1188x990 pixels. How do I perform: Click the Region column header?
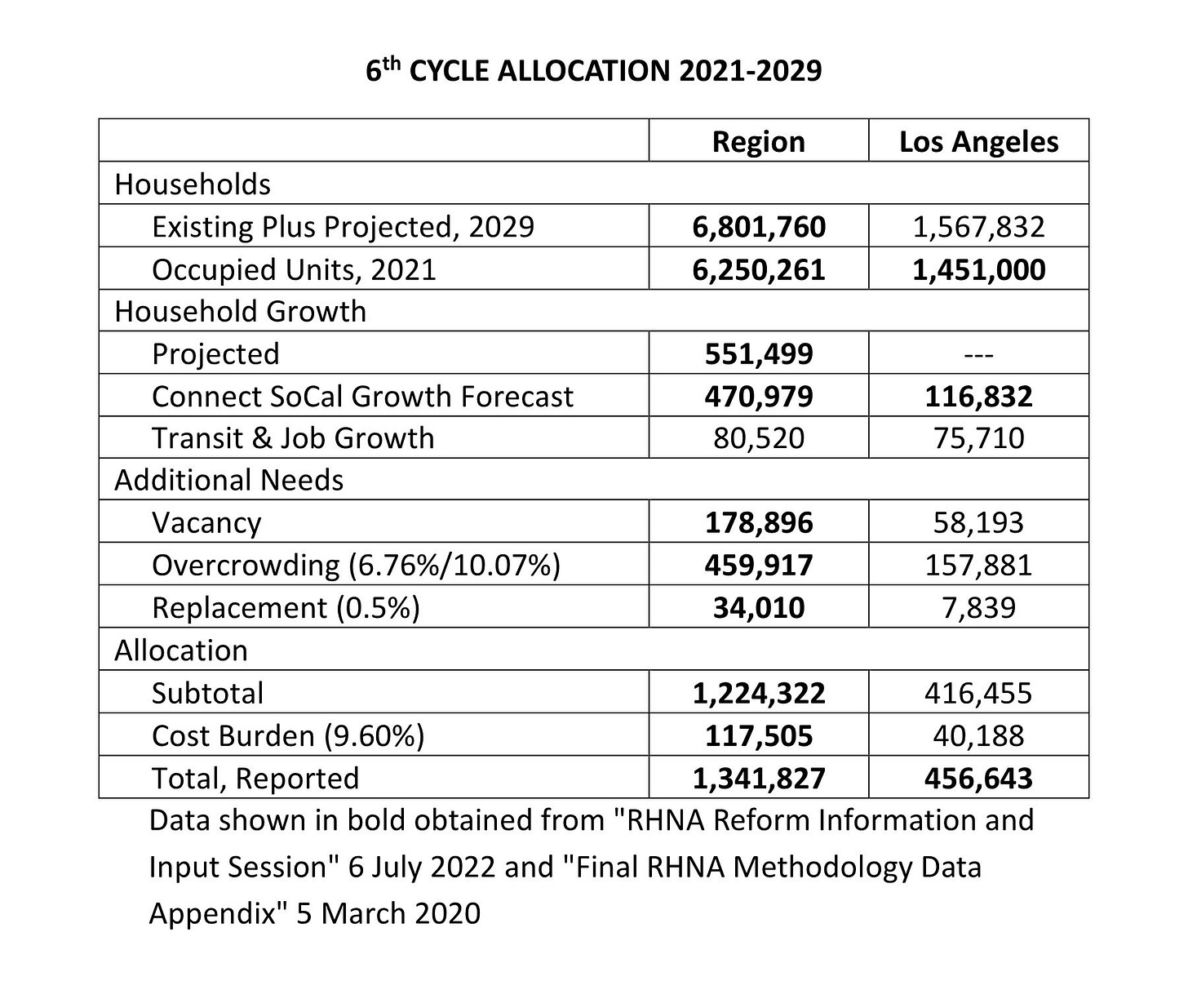(x=758, y=141)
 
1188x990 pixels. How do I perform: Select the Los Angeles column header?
(x=978, y=141)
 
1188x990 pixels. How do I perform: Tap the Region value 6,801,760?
(x=758, y=226)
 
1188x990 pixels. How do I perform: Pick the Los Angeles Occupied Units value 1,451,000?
(x=978, y=269)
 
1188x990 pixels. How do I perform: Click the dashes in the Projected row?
(x=978, y=354)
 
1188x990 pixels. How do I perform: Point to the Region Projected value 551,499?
(x=758, y=353)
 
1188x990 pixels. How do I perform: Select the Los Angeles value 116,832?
(x=978, y=396)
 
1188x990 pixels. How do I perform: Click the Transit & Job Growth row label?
(x=293, y=438)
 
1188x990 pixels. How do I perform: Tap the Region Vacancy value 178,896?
(x=758, y=522)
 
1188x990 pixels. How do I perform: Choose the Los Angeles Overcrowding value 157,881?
(x=978, y=565)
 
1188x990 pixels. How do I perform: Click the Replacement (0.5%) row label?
(x=286, y=608)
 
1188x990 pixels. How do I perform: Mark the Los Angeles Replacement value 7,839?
(x=978, y=608)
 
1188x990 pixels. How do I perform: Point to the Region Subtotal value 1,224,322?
(x=758, y=693)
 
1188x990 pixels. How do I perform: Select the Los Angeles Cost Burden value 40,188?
(x=978, y=735)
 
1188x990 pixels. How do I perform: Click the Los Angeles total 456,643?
(x=978, y=778)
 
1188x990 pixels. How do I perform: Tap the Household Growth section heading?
(x=240, y=312)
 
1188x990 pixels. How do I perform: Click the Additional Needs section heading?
(x=228, y=481)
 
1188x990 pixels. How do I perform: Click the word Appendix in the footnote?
(x=218, y=912)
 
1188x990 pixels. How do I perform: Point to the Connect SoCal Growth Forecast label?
(x=362, y=396)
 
